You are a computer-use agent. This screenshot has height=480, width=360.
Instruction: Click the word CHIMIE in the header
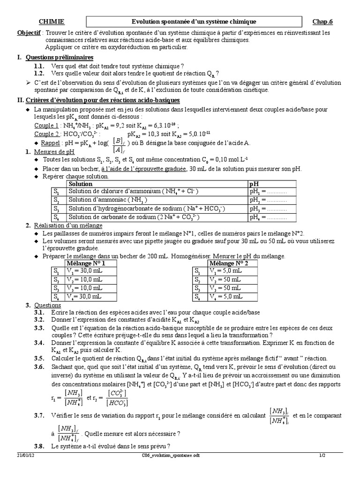(x=51, y=22)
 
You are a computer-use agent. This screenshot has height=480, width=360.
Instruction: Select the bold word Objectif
(x=29, y=33)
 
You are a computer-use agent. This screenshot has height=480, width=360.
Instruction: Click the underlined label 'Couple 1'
(x=47, y=126)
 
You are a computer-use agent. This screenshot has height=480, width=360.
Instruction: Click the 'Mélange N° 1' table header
(x=87, y=263)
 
